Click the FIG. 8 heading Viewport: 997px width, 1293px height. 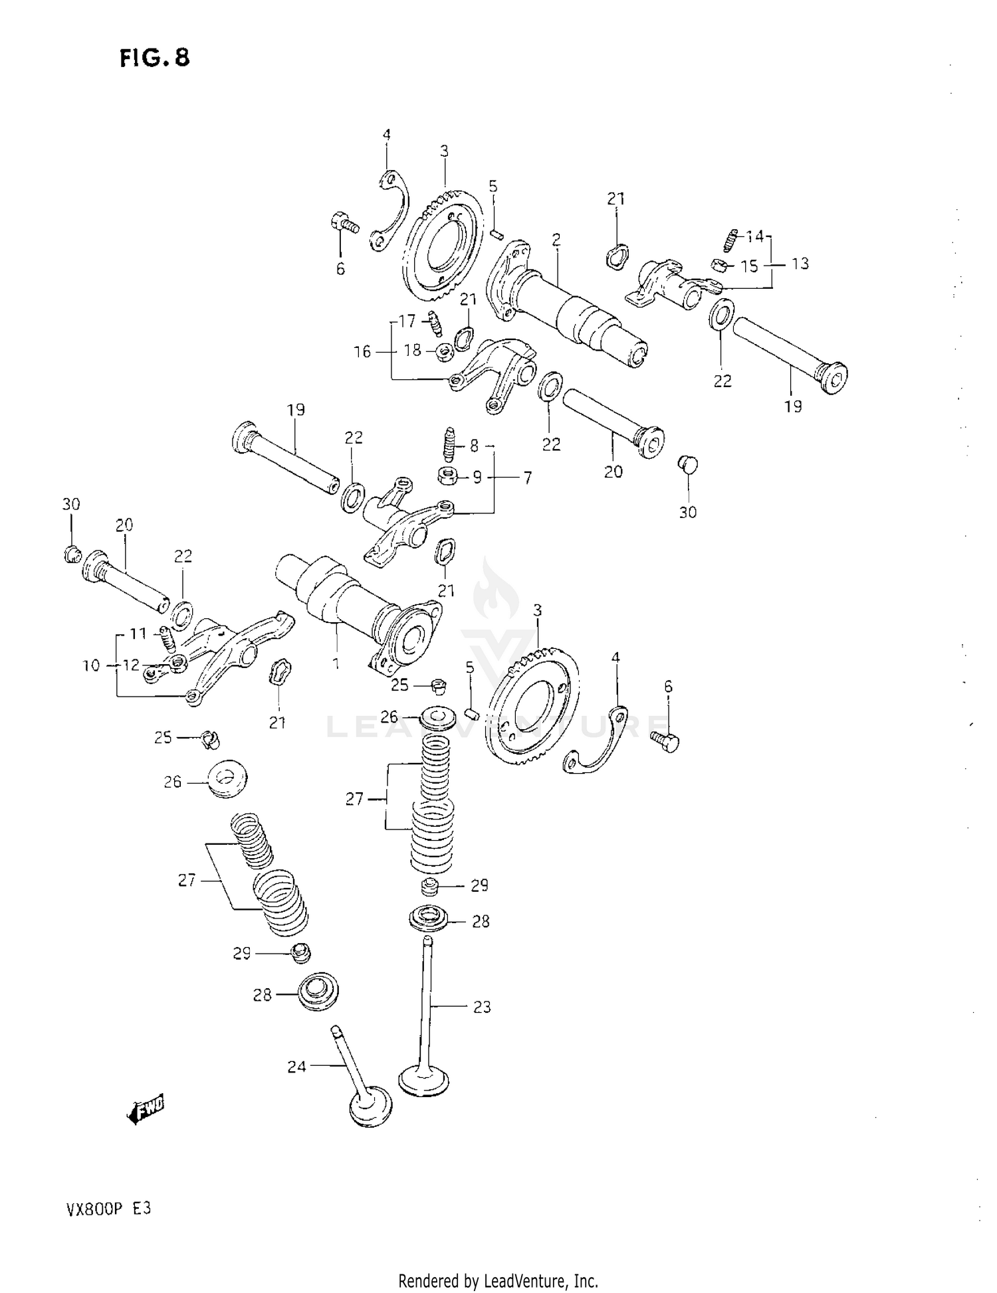pos(155,58)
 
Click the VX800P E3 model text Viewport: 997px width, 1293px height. pos(108,1209)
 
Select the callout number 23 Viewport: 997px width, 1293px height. pos(482,1007)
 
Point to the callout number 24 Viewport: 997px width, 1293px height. pos(296,1067)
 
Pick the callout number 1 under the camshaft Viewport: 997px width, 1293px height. pos(336,663)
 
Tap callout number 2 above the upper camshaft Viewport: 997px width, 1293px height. pos(556,240)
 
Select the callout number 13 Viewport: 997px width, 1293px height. pos(800,264)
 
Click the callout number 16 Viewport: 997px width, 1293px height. pos(362,351)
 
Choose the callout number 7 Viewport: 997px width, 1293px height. pos(527,477)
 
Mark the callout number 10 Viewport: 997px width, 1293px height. pos(91,665)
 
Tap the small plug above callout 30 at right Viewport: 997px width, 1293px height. pos(688,465)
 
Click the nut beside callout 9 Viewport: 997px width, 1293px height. pos(448,476)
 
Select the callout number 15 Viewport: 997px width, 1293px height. pos(749,266)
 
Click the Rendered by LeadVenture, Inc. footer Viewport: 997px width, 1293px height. pos(498,1280)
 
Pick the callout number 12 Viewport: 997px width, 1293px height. pos(132,664)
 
